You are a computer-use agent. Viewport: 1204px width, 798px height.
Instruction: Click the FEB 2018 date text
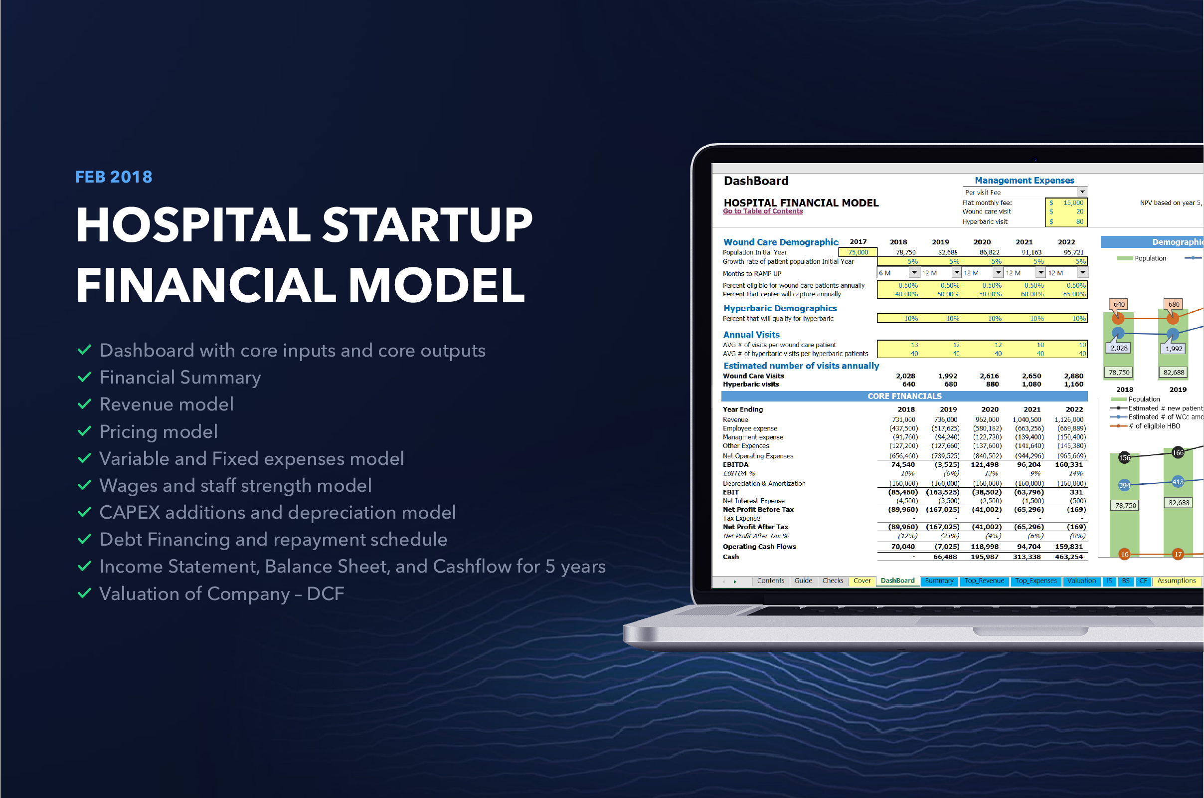pos(114,177)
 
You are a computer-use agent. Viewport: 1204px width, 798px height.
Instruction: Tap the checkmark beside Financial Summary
pos(84,377)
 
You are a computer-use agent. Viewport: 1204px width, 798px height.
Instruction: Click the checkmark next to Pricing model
pos(84,431)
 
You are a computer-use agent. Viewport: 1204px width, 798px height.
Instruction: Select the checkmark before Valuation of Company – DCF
pos(84,593)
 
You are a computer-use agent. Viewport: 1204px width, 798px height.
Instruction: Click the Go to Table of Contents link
pos(762,211)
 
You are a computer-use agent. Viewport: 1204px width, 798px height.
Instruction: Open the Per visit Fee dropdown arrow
pos(1082,192)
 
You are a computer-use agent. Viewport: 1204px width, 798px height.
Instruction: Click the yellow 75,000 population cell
pos(858,252)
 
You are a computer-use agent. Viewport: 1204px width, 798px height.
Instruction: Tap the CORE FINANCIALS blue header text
pos(904,397)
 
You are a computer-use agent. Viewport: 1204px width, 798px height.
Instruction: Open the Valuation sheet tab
pos(1081,581)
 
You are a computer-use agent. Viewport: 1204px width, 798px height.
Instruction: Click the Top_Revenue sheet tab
pos(984,581)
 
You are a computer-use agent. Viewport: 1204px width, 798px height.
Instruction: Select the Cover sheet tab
pos(861,581)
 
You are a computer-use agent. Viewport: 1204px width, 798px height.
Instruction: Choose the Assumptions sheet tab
pos(1176,581)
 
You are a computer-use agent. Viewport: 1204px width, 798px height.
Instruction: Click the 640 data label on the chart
pos(1119,304)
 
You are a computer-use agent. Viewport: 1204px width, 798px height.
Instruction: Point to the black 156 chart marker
pos(1124,457)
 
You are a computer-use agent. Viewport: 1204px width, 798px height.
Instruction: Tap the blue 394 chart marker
pos(1124,485)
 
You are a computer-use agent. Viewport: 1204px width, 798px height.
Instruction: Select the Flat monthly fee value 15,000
pos(1073,202)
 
